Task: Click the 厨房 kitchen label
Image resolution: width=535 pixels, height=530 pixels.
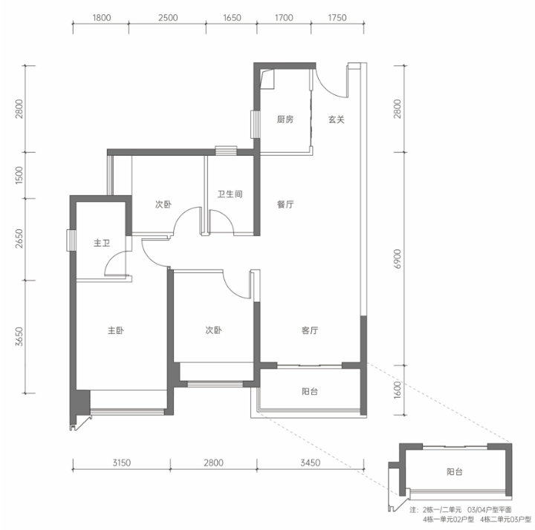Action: [x=285, y=120]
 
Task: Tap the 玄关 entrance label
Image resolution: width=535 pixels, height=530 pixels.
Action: [x=337, y=120]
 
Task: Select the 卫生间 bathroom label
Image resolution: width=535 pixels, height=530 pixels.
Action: [x=230, y=194]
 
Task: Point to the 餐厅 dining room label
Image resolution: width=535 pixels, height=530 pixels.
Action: [x=285, y=204]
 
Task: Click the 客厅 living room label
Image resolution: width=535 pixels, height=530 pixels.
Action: [x=310, y=330]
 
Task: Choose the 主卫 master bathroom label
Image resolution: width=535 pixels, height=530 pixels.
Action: [x=102, y=243]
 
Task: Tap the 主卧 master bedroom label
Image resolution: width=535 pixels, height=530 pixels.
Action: [x=116, y=330]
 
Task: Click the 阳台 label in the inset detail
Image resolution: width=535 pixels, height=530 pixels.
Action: [x=455, y=471]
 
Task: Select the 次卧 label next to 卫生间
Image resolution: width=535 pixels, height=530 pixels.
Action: [x=163, y=204]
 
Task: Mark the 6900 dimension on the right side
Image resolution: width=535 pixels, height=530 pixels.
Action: [x=398, y=259]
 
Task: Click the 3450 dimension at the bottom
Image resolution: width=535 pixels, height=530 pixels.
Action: [x=310, y=462]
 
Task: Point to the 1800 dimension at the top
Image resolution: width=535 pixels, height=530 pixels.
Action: [x=101, y=17]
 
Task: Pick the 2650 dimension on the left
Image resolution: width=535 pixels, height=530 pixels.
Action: [x=19, y=238]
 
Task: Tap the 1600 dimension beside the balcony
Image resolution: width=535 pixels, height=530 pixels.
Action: [x=398, y=390]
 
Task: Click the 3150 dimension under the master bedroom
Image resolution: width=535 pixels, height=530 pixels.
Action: [x=121, y=462]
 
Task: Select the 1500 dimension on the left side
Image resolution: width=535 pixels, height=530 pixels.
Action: [x=19, y=175]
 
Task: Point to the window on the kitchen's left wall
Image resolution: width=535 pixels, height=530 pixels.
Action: [x=255, y=124]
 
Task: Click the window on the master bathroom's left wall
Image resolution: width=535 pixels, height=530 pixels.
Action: [x=71, y=241]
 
